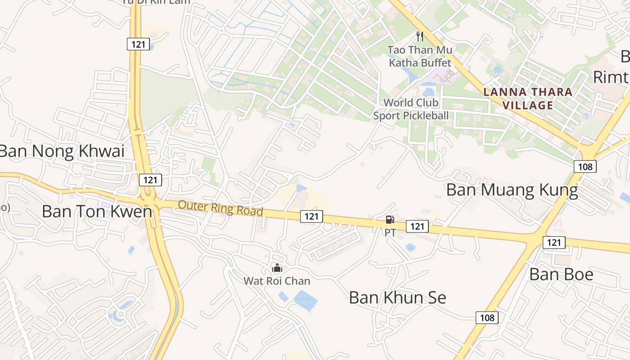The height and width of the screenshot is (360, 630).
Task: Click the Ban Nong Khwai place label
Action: pos(62,151)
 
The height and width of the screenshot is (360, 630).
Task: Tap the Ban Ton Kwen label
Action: pos(97,211)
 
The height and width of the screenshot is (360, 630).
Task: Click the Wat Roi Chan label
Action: pos(277,281)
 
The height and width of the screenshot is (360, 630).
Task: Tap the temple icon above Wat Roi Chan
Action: pos(277,268)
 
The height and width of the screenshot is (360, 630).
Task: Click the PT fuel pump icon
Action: pos(390,220)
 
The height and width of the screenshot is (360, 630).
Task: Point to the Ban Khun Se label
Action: pos(397,297)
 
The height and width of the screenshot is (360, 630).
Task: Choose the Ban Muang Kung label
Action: pos(512,190)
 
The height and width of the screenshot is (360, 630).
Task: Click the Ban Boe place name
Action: pos(561,274)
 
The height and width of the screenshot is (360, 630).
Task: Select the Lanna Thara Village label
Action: pos(527,99)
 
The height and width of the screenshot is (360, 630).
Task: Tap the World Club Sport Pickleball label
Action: pos(411,109)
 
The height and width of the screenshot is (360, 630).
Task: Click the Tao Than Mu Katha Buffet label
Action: pos(420,56)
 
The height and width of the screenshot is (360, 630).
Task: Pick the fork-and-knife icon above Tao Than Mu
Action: pos(420,36)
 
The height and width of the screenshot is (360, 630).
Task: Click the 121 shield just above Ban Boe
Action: pos(554,243)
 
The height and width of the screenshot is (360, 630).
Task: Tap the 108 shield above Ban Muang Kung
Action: pos(585,166)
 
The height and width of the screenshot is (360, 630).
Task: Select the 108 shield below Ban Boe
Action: pos(487,318)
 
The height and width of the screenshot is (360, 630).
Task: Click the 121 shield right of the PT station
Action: pos(417,226)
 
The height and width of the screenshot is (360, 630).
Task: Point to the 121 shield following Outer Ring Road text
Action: pos(311,216)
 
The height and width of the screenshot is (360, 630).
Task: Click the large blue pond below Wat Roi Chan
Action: pos(306,301)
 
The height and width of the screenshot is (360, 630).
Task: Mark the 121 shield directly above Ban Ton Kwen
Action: pos(150,180)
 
